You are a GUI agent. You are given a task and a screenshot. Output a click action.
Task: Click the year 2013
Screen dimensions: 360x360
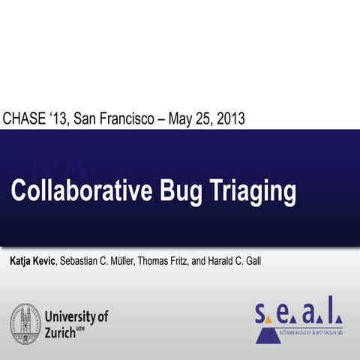229,118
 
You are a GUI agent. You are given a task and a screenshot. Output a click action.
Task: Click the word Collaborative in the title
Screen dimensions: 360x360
82,190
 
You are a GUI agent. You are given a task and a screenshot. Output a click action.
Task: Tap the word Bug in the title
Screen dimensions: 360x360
182,192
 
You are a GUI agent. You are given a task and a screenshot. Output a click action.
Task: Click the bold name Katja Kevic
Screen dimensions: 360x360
32,260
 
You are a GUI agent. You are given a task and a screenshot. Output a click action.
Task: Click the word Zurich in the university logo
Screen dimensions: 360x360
61,331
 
